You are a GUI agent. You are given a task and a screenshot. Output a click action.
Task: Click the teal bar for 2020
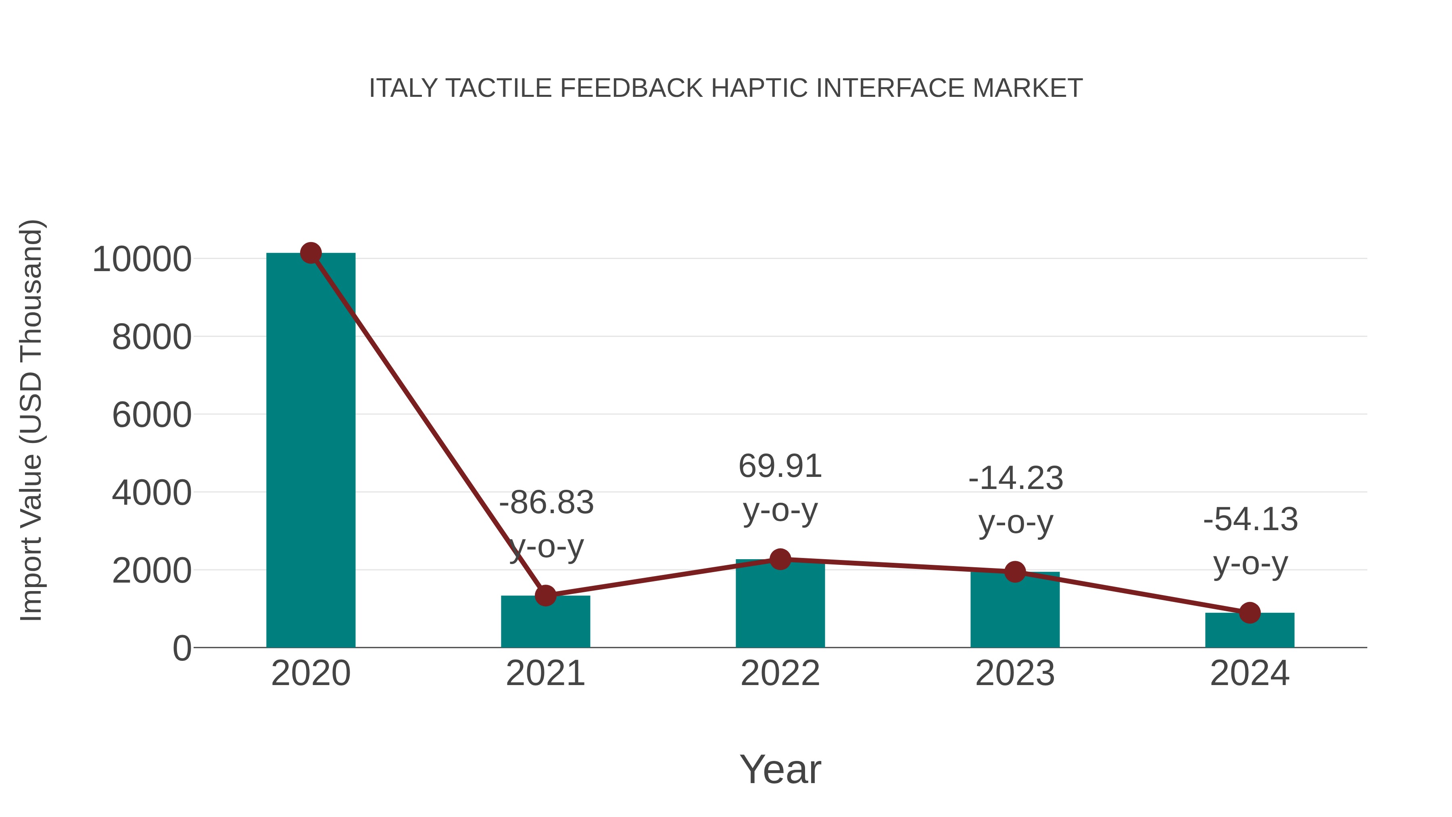click(x=311, y=451)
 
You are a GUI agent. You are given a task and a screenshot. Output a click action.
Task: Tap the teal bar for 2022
click(x=780, y=606)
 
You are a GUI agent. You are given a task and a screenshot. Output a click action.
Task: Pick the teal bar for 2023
click(x=1015, y=612)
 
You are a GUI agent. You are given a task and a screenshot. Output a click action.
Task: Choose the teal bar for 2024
click(x=1250, y=631)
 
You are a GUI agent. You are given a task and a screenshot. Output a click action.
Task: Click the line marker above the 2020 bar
click(x=311, y=253)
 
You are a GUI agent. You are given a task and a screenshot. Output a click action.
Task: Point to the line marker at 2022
click(x=780, y=559)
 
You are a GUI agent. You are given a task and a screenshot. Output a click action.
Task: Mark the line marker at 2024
click(x=1250, y=612)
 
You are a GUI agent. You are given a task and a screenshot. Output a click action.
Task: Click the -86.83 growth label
click(x=546, y=502)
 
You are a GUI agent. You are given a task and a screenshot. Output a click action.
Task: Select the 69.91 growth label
click(x=780, y=466)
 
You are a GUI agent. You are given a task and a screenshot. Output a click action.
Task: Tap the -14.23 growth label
click(x=1015, y=478)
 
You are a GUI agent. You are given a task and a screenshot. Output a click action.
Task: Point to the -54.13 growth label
click(x=1250, y=519)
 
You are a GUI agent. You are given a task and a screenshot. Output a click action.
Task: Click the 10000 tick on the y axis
click(x=142, y=260)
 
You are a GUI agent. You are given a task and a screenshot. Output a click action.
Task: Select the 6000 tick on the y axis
click(x=152, y=416)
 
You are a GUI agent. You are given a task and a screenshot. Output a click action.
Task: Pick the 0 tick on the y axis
click(x=181, y=648)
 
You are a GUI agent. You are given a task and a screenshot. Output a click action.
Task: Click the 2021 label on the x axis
click(x=545, y=673)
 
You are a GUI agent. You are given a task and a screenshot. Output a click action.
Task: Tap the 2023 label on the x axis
click(x=1015, y=673)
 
